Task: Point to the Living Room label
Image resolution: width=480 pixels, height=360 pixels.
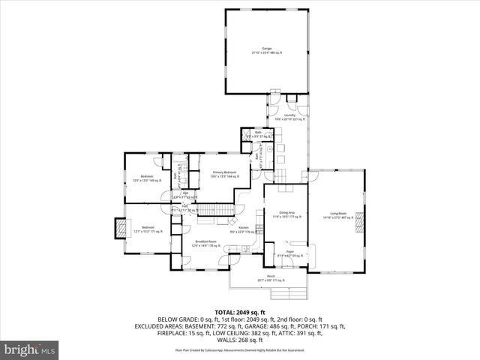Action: point(337,214)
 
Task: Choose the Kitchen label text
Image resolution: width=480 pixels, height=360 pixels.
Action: point(244,229)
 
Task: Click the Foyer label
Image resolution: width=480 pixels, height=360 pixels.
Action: point(285,254)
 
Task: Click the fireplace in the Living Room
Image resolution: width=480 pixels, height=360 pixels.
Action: point(360,223)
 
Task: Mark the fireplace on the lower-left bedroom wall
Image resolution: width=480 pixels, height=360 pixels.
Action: point(118,229)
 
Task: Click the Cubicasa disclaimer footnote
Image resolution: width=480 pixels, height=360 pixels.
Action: point(240,350)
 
